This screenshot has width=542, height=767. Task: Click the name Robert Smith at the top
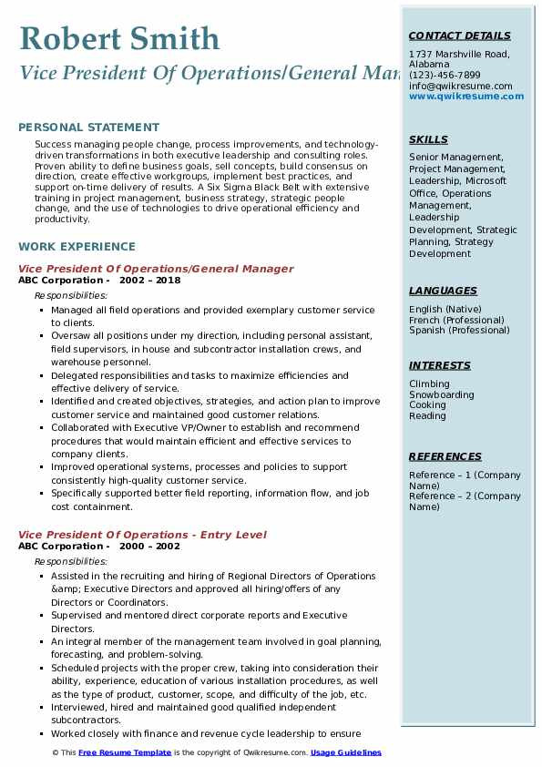[118, 38]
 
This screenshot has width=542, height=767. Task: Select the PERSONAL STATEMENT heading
[88, 128]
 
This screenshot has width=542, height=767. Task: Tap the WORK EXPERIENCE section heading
[77, 247]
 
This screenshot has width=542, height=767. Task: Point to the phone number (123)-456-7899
[445, 76]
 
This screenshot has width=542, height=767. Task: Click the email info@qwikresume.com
[460, 86]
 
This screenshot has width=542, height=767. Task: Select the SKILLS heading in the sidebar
[428, 140]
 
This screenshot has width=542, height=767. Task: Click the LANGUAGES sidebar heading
[443, 291]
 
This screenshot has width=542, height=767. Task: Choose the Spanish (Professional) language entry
[459, 331]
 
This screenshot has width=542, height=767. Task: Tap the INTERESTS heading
[440, 366]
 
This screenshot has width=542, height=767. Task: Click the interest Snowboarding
[442, 395]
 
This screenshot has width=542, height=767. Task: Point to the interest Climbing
[429, 384]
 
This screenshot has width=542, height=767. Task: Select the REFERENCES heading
[445, 457]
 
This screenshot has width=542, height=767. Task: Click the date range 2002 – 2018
[150, 281]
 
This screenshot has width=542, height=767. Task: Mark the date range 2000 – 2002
[150, 547]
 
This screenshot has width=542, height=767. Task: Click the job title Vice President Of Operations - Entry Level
[142, 535]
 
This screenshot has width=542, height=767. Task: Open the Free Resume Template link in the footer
[125, 753]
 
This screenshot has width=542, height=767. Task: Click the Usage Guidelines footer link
[346, 753]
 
